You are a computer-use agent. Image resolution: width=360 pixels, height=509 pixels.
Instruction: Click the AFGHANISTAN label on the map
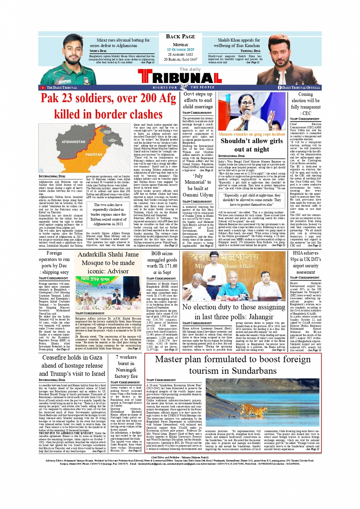click(74, 142)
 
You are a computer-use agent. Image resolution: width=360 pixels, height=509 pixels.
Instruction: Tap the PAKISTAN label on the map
click(94, 154)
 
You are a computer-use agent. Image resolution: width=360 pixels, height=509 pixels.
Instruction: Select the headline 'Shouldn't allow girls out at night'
click(251, 145)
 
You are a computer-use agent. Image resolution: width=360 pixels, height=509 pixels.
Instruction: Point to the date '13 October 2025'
click(181, 50)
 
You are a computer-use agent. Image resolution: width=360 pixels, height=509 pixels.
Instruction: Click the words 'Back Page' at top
click(181, 37)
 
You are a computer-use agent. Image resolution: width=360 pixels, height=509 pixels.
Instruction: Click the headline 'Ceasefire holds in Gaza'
click(72, 366)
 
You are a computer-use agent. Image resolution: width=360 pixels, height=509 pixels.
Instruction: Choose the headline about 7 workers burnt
click(126, 366)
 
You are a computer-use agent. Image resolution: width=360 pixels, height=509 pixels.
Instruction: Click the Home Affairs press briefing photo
click(234, 276)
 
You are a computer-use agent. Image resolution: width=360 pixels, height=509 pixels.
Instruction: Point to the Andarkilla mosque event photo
click(108, 293)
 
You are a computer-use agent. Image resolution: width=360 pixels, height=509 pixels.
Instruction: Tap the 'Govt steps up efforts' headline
click(198, 100)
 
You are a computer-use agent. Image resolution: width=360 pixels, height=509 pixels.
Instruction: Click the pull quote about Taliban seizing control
click(108, 214)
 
